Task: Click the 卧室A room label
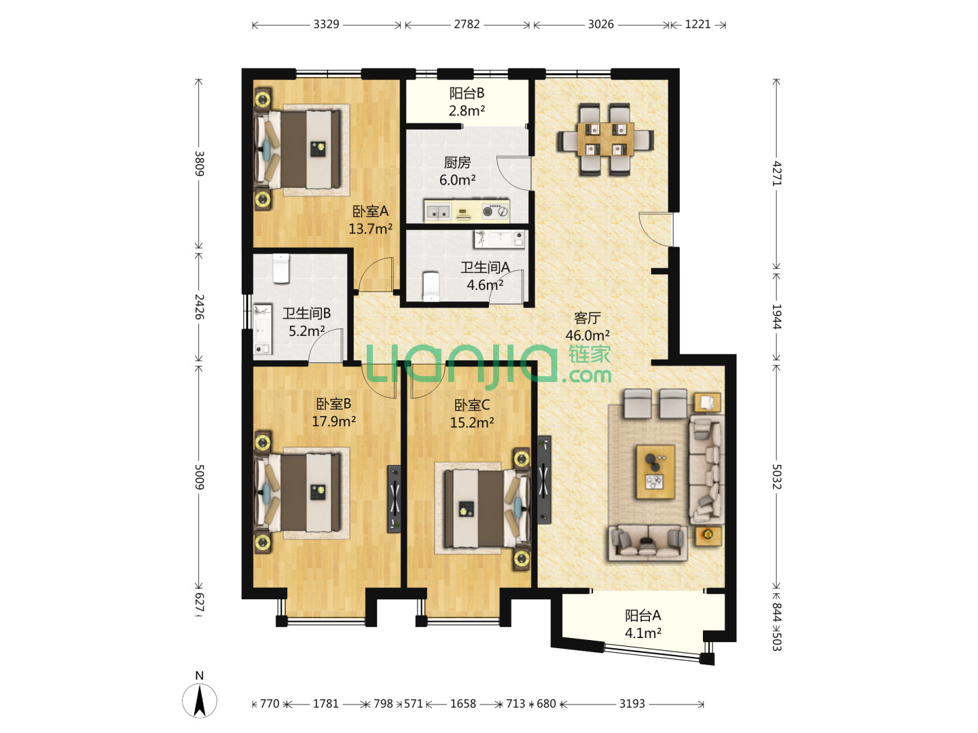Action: click(370, 211)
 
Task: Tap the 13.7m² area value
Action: click(370, 229)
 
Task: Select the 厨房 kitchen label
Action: click(457, 162)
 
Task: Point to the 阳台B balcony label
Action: click(467, 93)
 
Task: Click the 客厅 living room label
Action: click(587, 318)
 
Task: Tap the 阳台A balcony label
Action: click(642, 616)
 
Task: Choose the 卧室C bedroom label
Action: click(472, 405)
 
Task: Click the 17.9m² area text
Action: click(333, 421)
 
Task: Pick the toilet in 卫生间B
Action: click(281, 268)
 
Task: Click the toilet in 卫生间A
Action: click(431, 286)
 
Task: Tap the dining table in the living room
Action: click(606, 139)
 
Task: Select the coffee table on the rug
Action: click(655, 472)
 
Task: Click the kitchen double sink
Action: click(438, 212)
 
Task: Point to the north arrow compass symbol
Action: click(200, 700)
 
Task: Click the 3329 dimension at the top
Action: click(326, 24)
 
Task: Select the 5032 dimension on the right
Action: click(776, 476)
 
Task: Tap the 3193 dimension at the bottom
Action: click(632, 704)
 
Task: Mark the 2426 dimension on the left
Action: click(199, 307)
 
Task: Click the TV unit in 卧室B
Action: click(394, 498)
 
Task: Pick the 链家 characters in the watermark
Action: click(590, 355)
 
